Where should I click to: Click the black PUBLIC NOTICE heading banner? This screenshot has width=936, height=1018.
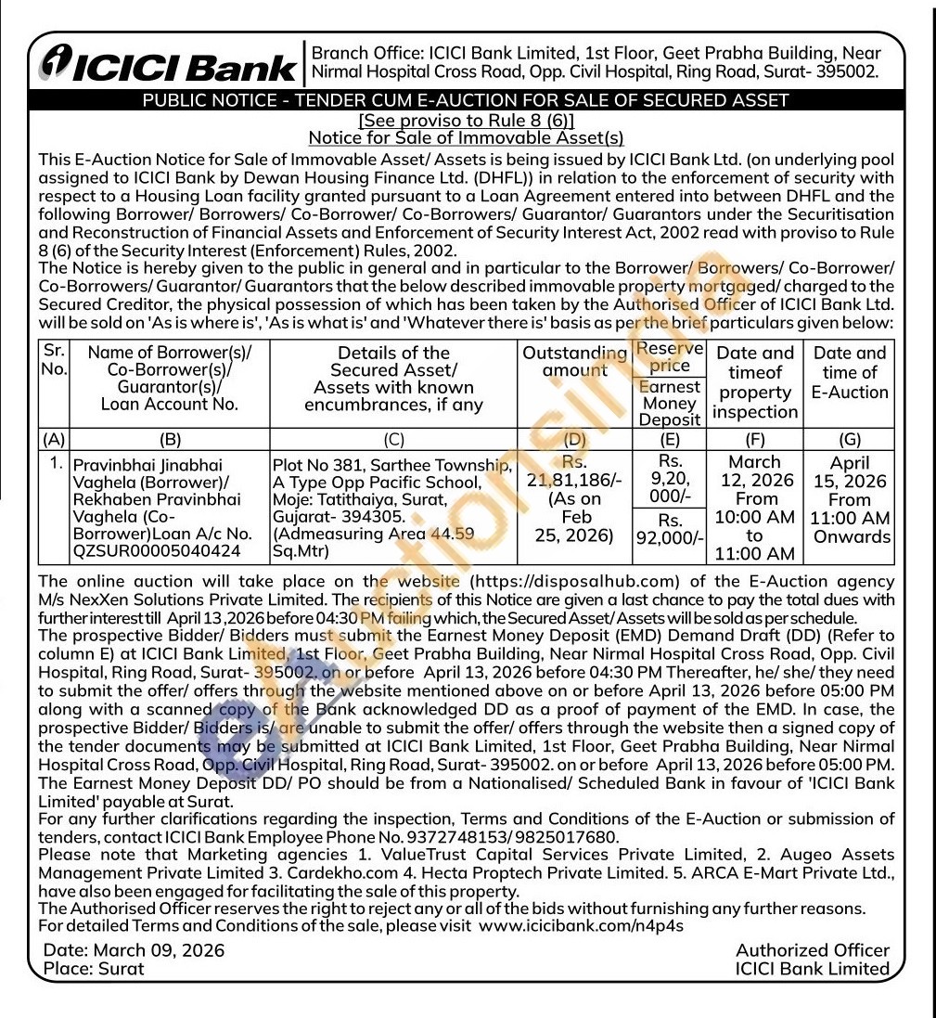(x=467, y=101)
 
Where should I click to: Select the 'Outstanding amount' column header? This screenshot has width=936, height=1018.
(x=574, y=362)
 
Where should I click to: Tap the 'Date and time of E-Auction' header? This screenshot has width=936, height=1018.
(x=851, y=372)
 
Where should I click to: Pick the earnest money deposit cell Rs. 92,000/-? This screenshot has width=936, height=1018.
(x=670, y=529)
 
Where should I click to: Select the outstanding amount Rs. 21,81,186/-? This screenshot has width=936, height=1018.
(x=574, y=489)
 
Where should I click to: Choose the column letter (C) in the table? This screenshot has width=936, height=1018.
(x=393, y=441)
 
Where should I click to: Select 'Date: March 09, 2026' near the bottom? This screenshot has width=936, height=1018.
(x=135, y=950)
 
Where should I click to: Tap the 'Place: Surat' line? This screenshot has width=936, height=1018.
(x=95, y=969)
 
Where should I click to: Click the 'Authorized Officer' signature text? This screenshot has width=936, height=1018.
(x=812, y=950)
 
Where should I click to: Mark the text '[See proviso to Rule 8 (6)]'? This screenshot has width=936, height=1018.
(x=466, y=121)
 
